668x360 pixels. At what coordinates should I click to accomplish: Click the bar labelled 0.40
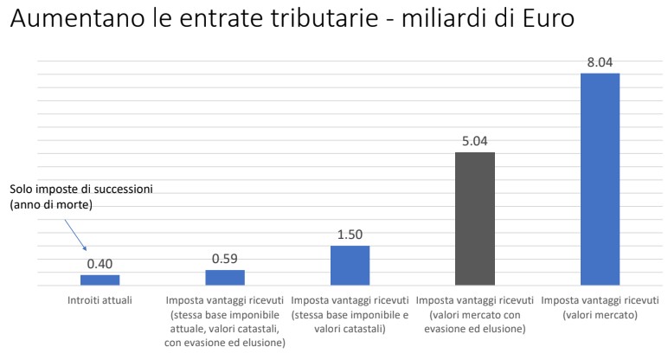(100, 280)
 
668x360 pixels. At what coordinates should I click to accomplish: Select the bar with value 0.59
(225, 277)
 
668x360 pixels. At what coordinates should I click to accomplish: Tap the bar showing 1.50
(350, 265)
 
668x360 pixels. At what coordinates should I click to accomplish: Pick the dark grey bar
(475, 218)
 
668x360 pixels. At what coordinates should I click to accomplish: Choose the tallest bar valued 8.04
(600, 178)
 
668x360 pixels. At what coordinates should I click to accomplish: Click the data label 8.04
(600, 61)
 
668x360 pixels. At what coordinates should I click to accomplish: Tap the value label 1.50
(350, 235)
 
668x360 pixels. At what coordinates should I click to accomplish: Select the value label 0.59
(225, 259)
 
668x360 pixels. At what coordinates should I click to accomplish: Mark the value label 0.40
(100, 263)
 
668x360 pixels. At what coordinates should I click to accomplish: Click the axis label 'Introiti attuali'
(100, 300)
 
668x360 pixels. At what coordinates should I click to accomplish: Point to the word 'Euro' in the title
(545, 20)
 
